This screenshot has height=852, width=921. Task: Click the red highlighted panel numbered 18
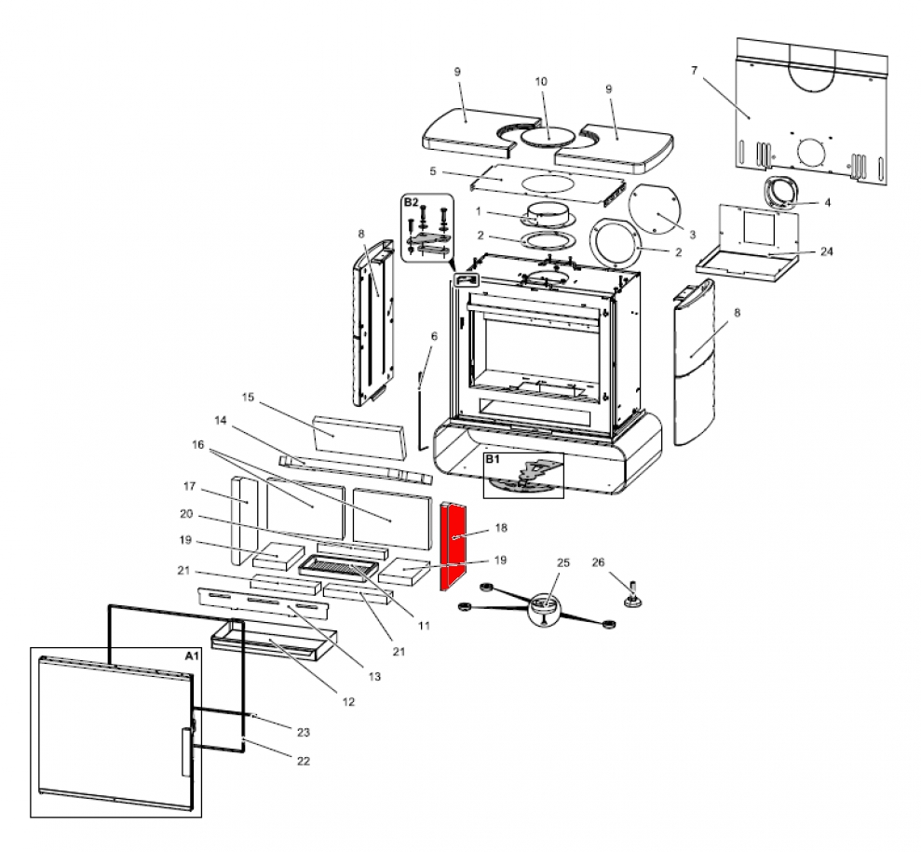click(456, 547)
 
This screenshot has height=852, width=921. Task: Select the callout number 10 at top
click(541, 82)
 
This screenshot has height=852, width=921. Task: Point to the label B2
click(412, 201)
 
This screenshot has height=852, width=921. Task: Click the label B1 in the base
click(494, 460)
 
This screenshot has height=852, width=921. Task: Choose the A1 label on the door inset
click(191, 656)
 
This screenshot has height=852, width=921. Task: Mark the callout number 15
click(248, 398)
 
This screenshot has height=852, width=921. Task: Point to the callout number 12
click(348, 702)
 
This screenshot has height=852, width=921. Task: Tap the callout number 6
click(433, 335)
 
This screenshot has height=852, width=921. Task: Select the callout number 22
click(303, 761)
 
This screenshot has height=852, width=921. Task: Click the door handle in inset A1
click(183, 750)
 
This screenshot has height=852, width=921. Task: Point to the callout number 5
click(433, 171)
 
